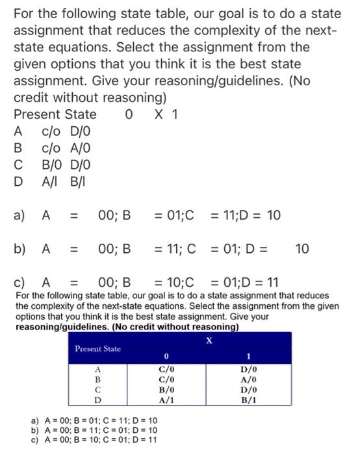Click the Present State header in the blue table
tap(97, 348)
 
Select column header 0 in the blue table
tap(167, 356)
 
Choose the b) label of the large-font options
tap(21, 248)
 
